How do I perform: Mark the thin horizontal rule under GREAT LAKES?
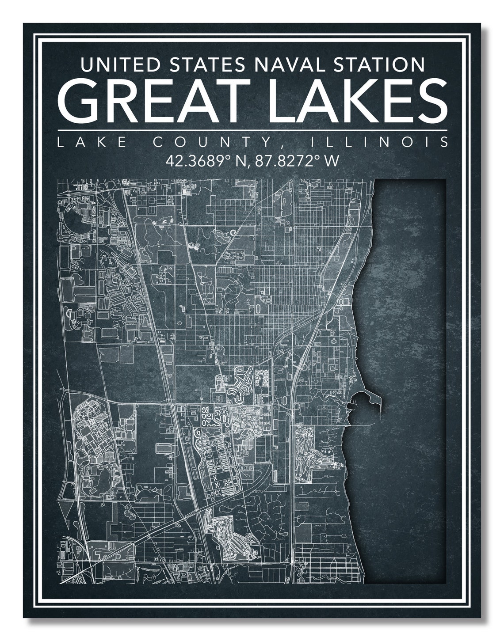(252, 131)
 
